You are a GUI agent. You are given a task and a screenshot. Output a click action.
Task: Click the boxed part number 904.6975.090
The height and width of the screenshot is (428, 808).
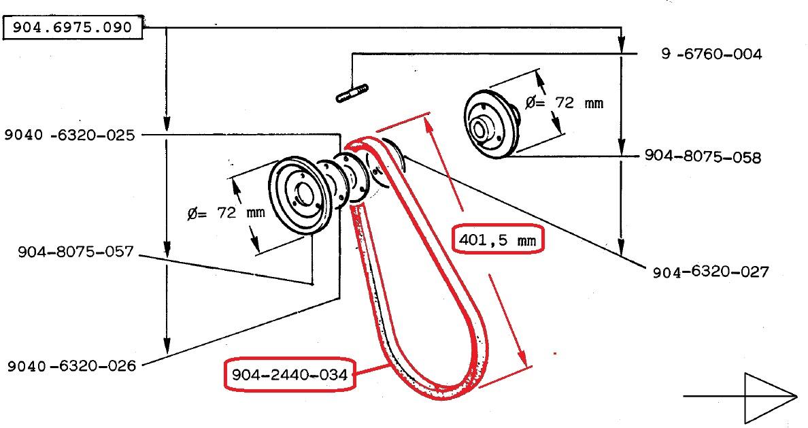point(73,27)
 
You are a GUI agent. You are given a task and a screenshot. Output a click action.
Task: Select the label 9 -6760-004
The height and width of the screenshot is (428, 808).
point(711,54)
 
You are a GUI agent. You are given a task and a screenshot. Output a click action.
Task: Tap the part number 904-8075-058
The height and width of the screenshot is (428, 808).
point(703,157)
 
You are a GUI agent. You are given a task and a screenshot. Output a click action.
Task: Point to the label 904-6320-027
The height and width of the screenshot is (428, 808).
point(711,271)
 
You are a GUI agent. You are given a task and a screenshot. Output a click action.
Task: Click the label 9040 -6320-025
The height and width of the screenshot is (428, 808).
point(69,135)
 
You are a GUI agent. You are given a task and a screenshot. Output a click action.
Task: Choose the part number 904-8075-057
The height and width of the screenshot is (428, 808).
point(75,252)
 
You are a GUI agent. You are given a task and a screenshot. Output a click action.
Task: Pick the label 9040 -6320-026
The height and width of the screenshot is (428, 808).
point(71,366)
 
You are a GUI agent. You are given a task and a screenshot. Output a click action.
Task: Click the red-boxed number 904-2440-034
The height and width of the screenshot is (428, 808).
point(290,374)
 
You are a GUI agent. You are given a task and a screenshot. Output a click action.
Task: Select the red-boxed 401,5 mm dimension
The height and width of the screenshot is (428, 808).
point(497,240)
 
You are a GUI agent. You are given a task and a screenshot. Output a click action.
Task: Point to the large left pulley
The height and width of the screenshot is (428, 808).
point(297,196)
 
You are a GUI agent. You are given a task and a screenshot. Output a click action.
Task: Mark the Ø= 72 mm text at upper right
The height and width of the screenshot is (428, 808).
point(564,103)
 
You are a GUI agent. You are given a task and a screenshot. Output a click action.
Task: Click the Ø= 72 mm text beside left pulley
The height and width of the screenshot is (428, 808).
point(226,212)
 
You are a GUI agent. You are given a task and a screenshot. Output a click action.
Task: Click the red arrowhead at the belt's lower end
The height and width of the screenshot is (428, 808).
point(522,356)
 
